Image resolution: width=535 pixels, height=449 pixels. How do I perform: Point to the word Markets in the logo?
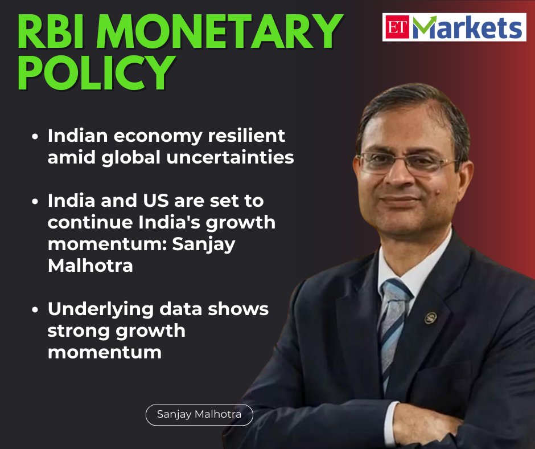467,27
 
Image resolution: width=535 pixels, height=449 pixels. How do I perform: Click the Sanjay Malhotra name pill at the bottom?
199,414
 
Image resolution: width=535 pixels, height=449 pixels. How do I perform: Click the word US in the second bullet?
147,201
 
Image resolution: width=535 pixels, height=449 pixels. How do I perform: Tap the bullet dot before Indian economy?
36,137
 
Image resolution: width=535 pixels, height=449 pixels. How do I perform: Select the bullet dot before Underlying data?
36,309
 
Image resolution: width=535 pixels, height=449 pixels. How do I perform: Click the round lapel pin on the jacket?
430,318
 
